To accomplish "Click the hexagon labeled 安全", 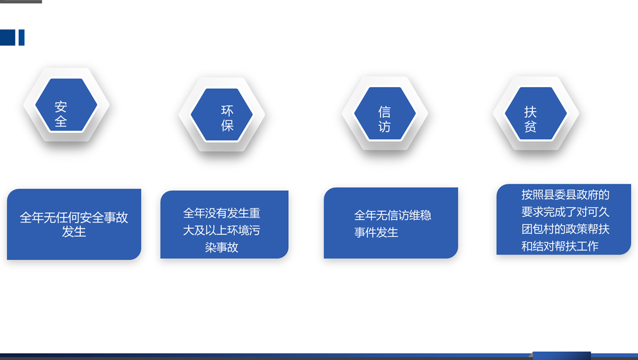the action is [x=66, y=105].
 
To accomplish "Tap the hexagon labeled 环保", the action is [x=222, y=115].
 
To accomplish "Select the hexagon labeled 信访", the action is [x=385, y=113].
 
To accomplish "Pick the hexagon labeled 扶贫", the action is [x=536, y=113].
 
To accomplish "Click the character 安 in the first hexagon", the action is [x=61, y=107].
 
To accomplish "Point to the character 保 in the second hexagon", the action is [x=227, y=126].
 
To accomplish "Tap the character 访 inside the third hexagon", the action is [x=384, y=127].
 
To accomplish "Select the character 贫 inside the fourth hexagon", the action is [x=530, y=127].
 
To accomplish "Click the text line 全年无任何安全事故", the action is [x=74, y=217].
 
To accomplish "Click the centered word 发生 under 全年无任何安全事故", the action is [x=74, y=231].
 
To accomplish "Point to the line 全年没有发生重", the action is [x=222, y=213].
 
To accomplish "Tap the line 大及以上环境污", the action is [x=222, y=230].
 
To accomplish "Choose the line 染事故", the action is [x=222, y=247].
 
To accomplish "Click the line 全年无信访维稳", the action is [x=393, y=215].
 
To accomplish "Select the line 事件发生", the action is [x=376, y=232].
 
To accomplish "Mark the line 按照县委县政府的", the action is [x=565, y=195].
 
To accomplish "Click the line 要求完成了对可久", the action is [x=565, y=212].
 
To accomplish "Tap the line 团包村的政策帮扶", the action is [x=565, y=229].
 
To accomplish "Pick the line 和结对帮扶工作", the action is [x=560, y=246].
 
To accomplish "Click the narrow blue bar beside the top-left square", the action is [x=21, y=37].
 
